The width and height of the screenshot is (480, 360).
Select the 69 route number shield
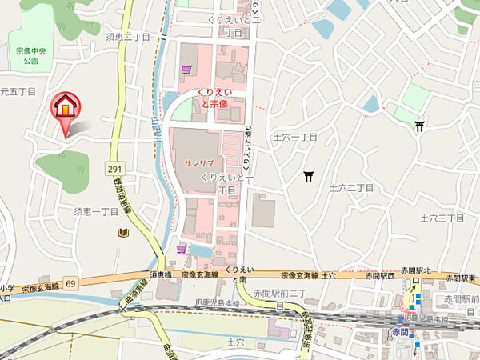[70, 284]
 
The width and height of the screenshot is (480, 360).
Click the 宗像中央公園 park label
[30, 54]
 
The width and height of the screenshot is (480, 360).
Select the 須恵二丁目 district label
[129, 37]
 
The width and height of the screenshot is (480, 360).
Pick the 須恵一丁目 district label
[97, 211]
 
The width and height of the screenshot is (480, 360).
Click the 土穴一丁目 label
[295, 138]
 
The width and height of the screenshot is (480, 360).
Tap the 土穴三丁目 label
[442, 218]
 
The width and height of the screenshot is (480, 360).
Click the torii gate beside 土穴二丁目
[309, 176]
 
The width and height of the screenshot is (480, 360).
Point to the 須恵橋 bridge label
[161, 274]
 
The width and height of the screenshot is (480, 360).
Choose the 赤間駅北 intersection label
[415, 270]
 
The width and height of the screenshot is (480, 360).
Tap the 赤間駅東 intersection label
[459, 278]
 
